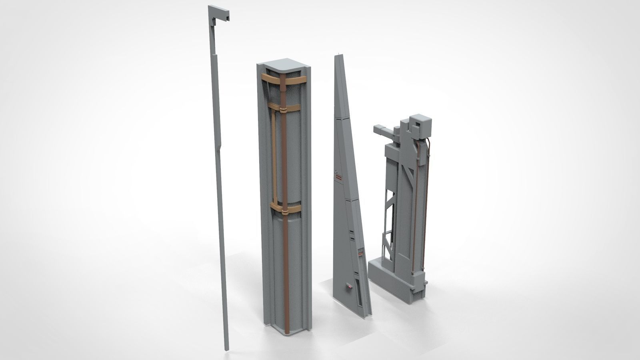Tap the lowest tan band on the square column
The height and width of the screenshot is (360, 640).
coord(285,209)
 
